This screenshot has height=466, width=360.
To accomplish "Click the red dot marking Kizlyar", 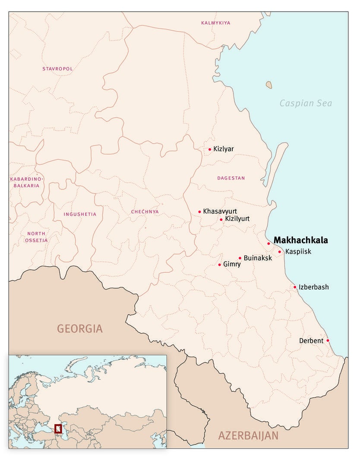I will point(210,149).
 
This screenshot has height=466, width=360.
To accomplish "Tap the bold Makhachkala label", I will point(301,240).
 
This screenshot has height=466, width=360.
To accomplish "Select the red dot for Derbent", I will point(328,340).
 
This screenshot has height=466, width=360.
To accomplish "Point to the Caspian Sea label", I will point(306,103).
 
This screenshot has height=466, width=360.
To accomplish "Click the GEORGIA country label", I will point(80,329).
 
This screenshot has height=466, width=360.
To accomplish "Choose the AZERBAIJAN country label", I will point(248,435).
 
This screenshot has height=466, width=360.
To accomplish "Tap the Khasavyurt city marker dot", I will point(199,211).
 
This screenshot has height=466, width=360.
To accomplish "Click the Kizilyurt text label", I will point(237,219).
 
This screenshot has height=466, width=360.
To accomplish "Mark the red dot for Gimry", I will point(219,264).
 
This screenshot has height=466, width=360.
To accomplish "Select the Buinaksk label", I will point(258,258).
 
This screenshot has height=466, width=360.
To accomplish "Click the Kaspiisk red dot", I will point(280,252).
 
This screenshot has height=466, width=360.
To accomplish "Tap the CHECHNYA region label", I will point(145,212).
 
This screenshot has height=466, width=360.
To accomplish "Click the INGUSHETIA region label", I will point(80,214).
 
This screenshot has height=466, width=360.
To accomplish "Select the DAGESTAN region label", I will point(231,178).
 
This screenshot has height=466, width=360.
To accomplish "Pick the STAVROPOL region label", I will point(57,69).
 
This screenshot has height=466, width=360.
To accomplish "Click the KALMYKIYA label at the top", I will point(215,22).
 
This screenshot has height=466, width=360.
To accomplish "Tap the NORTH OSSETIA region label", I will point(36,237).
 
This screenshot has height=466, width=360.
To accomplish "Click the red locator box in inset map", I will point(58,429).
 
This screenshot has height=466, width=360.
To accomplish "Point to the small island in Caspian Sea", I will point(269,85).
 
